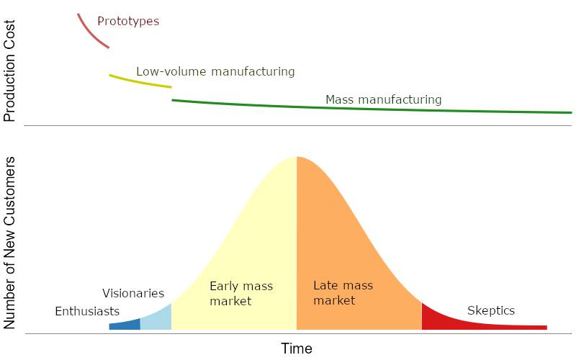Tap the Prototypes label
(128, 22)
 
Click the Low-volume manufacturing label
(215, 72)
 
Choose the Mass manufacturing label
(383, 99)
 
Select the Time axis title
(297, 349)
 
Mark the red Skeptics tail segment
(461, 322)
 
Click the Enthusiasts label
(87, 312)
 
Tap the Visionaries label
(133, 294)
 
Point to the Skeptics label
(491, 311)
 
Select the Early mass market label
(240, 293)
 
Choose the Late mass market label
(343, 292)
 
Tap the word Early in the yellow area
(224, 286)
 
